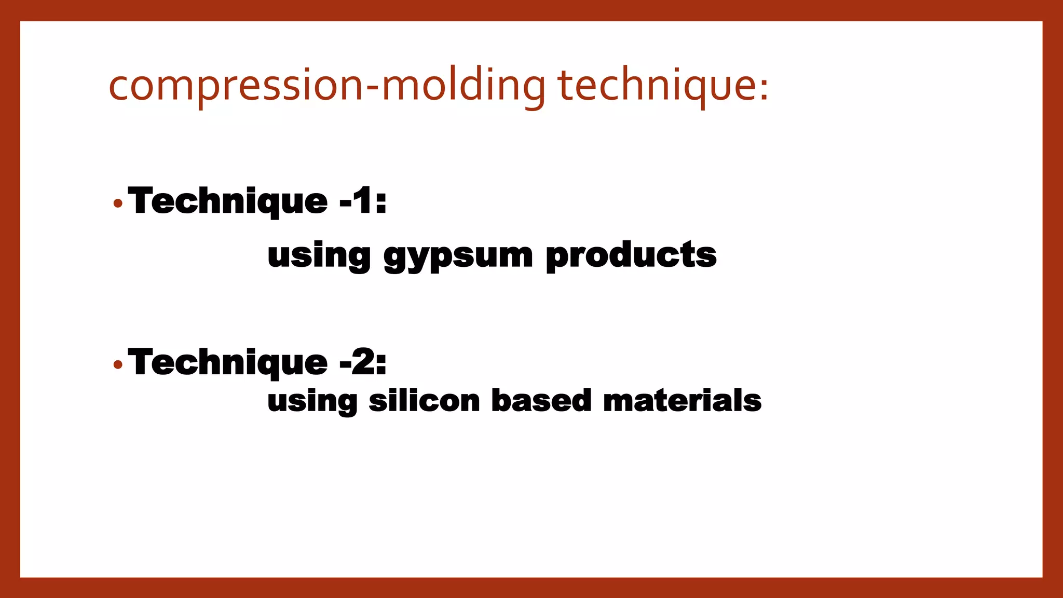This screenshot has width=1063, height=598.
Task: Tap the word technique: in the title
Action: coord(662,86)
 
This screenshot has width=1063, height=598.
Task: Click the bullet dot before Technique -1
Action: coord(118,203)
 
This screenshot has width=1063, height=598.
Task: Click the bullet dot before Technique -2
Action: coord(118,365)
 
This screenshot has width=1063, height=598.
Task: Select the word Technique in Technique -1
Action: coord(228,201)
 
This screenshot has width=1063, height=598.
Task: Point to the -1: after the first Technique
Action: coord(363,201)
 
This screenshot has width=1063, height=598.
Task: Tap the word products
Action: coord(631,255)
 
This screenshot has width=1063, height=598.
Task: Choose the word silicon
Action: coord(424,401)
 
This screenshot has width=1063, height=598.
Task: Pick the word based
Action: coord(541,401)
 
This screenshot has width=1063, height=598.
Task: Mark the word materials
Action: coord(682,401)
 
